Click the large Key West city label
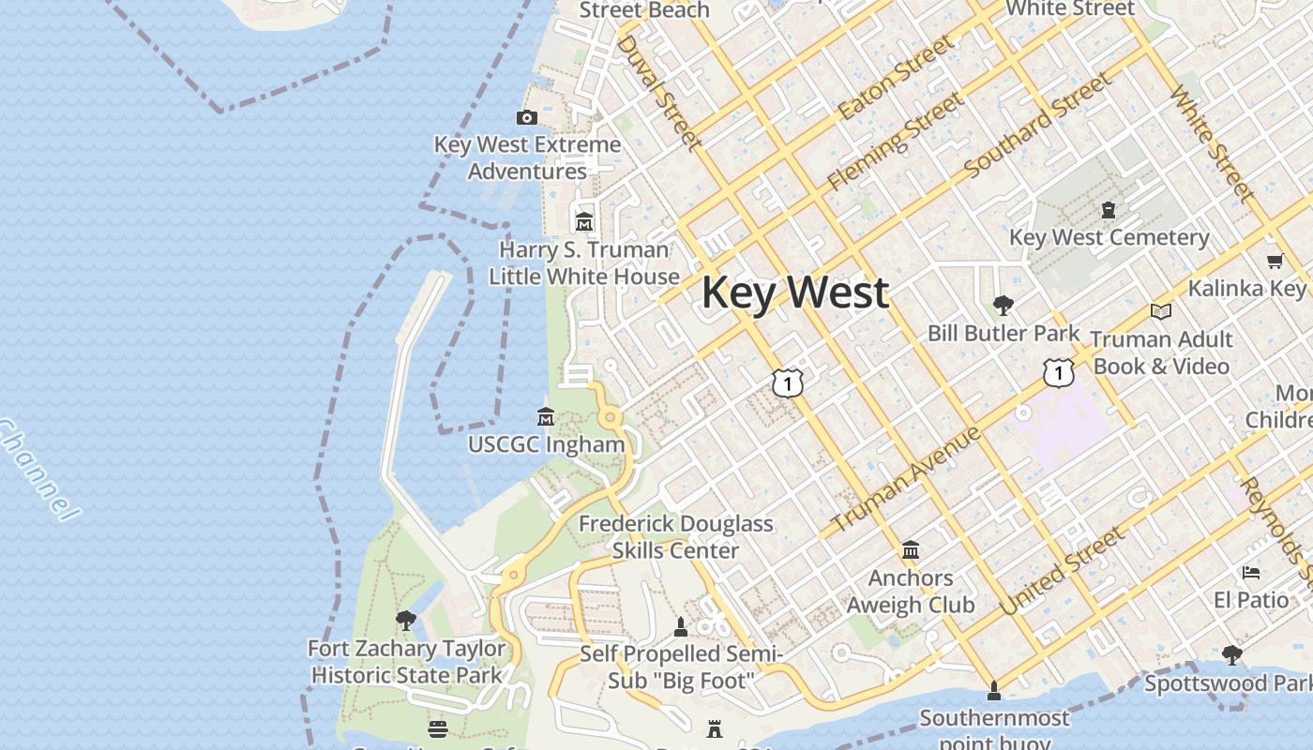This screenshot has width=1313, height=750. coord(794,292)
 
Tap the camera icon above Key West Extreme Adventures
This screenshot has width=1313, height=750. coord(527,117)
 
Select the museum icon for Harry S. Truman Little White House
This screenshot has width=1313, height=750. coord(584,222)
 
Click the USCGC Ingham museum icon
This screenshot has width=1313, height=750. coord(545,416)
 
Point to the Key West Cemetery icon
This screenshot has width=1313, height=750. coord(1109,210)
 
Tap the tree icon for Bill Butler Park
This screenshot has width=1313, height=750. coord(1003,305)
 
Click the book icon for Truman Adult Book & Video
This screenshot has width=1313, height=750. coord(1160,311)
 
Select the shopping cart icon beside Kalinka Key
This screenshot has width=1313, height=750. coord(1275,262)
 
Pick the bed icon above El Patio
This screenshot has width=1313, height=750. coord(1250,572)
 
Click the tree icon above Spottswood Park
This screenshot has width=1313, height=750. coord(1231,654)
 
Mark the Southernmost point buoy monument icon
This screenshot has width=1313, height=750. coord(994,692)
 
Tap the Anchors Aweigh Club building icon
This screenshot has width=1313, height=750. coord(910,549)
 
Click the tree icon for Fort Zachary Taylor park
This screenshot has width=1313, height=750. coord(405,620)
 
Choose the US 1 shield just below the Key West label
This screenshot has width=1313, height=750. coord(788,382)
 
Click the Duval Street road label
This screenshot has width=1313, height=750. coord(658,92)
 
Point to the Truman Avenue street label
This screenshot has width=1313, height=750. coord(906,478)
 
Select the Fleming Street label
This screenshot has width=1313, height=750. coord(895,141)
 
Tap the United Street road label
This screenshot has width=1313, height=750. coord(1061,572)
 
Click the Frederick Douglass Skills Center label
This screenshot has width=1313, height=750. coord(675,536)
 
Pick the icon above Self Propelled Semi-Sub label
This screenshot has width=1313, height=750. coord(681,626)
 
